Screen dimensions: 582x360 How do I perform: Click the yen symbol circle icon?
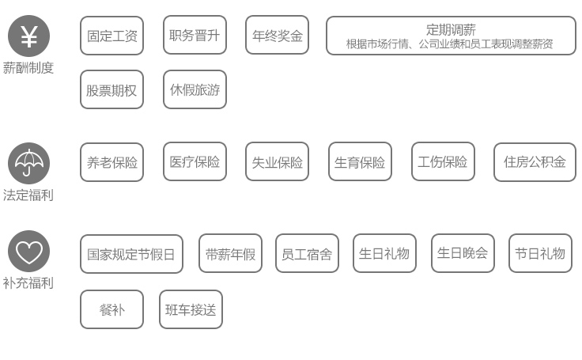point(28,36)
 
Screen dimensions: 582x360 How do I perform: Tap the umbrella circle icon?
point(28,164)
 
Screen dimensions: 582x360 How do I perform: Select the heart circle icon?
point(28,251)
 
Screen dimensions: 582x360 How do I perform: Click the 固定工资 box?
point(111,36)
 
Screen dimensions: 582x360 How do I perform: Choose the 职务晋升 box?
point(195,36)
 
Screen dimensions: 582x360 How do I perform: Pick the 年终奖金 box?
point(278,36)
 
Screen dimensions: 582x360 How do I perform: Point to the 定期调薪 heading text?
point(451,29)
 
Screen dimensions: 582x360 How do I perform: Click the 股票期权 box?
point(111,89)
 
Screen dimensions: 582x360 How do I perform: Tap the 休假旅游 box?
point(195,89)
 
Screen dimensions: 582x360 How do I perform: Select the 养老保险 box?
point(111,162)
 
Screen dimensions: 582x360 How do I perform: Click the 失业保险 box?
point(278,161)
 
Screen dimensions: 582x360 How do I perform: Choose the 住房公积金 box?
point(535,162)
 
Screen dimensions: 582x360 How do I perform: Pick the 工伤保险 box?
point(443,161)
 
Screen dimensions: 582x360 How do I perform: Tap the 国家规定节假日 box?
point(131,254)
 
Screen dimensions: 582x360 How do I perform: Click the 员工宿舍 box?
point(307,253)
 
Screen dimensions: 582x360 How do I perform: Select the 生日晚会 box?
point(463,253)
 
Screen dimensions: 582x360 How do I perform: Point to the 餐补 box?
point(111,309)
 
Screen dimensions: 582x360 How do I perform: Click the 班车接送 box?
point(191,309)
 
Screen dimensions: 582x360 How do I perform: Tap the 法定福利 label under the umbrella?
point(28,195)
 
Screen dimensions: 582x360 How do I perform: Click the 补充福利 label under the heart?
point(28,283)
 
